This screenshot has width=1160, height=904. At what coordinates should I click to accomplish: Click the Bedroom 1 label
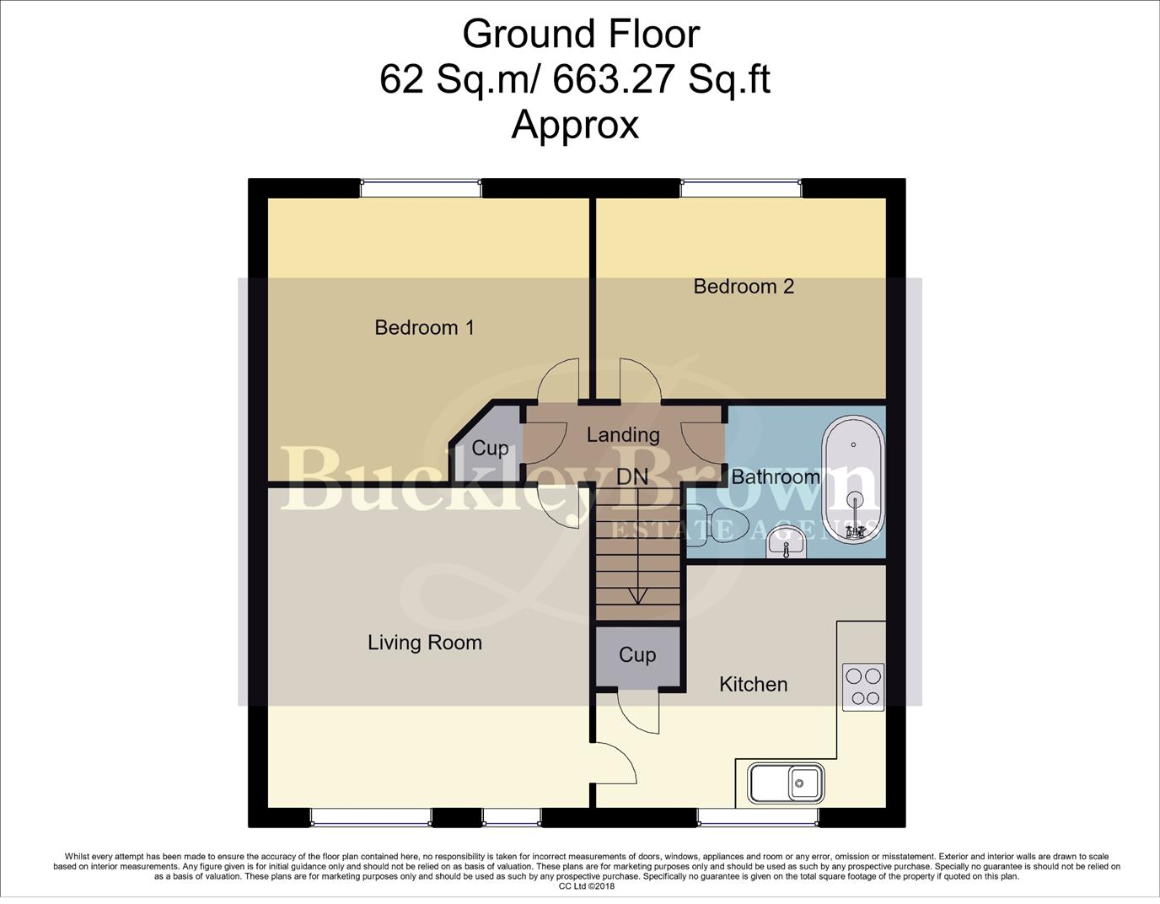pyautogui.click(x=424, y=327)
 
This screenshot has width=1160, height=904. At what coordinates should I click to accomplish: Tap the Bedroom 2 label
pyautogui.click(x=744, y=286)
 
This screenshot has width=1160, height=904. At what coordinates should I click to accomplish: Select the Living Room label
pyautogui.click(x=425, y=643)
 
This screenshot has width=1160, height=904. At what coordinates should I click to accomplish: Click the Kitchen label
pyautogui.click(x=753, y=684)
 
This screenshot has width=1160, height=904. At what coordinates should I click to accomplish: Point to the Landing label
pyautogui.click(x=623, y=434)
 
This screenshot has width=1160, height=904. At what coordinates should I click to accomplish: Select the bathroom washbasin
pyautogui.click(x=787, y=547)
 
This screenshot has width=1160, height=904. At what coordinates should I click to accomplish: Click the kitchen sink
pyautogui.click(x=786, y=783)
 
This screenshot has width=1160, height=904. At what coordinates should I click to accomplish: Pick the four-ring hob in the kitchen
pyautogui.click(x=863, y=686)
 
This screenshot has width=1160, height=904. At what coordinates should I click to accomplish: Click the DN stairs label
pyautogui.click(x=632, y=476)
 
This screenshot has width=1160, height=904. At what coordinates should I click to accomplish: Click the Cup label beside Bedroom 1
pyautogui.click(x=490, y=448)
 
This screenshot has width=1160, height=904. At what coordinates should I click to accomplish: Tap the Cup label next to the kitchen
pyautogui.click(x=637, y=655)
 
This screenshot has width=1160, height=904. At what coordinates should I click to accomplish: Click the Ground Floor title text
pyautogui.click(x=581, y=35)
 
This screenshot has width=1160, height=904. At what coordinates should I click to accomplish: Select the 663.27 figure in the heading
pyautogui.click(x=615, y=80)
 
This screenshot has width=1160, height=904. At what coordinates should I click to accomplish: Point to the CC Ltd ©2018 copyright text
pyautogui.click(x=587, y=886)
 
